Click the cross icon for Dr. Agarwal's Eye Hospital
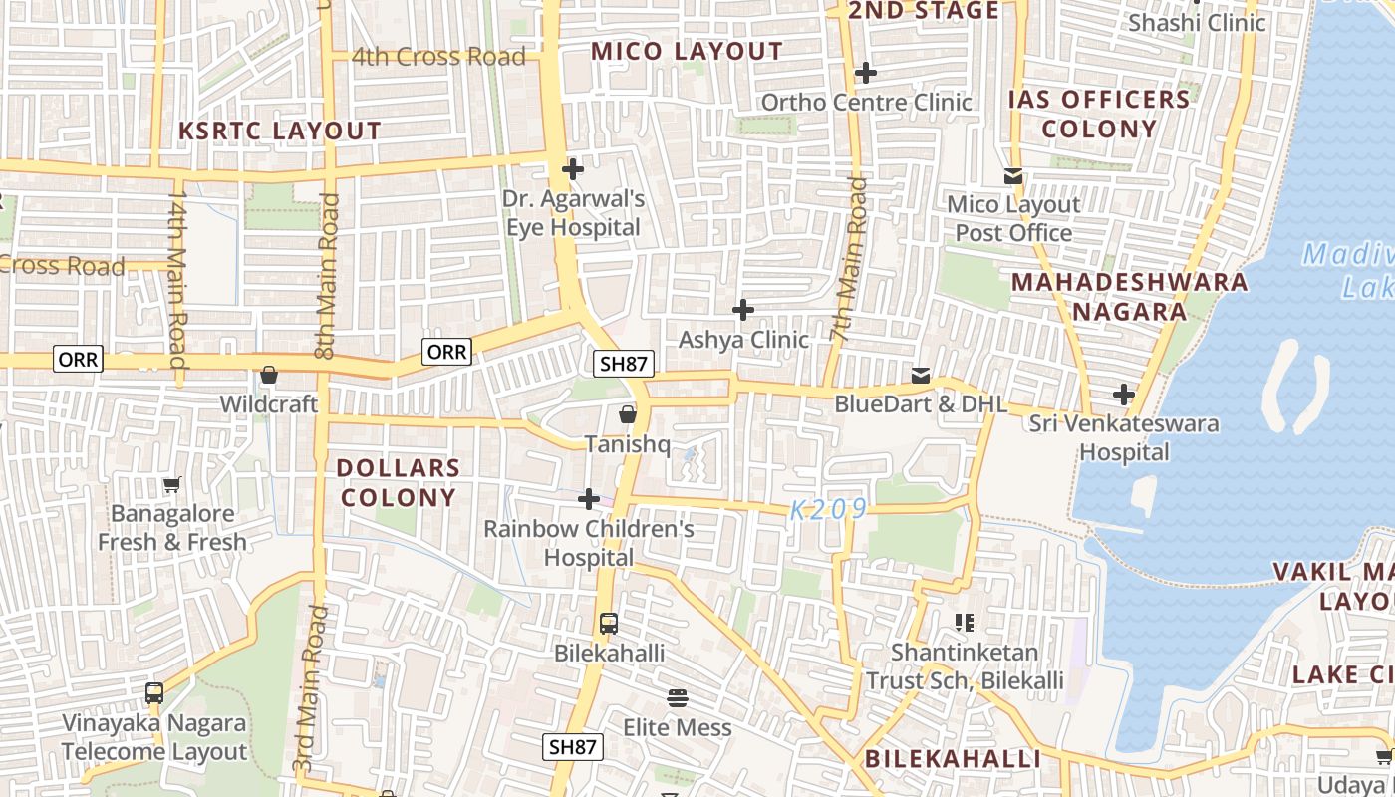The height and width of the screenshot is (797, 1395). (572, 169)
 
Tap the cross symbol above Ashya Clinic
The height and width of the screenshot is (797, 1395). (742, 311)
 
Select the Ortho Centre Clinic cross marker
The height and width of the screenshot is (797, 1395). (865, 73)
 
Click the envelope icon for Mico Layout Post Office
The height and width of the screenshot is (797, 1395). (1013, 176)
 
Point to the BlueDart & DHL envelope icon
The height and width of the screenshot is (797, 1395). (921, 376)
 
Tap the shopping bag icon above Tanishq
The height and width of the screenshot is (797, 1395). (628, 414)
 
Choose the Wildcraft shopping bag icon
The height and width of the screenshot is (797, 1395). (268, 376)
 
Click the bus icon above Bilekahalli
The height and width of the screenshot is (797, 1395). (609, 624)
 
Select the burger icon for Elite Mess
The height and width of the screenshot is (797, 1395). (678, 697)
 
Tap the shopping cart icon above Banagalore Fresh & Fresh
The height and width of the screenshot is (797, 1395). (172, 485)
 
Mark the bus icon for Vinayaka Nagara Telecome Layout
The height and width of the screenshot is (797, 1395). (154, 692)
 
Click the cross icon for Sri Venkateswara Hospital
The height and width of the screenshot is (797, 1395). (1124, 395)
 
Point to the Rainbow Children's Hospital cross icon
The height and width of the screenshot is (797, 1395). (589, 499)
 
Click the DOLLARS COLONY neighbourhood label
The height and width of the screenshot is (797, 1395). (398, 482)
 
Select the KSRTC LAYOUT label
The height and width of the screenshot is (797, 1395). (279, 131)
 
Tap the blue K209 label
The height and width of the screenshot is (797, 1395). (828, 510)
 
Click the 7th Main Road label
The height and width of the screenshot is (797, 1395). (849, 259)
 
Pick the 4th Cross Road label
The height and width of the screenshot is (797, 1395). (438, 57)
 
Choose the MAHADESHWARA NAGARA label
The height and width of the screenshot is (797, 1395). (1129, 296)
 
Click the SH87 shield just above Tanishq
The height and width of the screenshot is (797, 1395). (624, 364)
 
